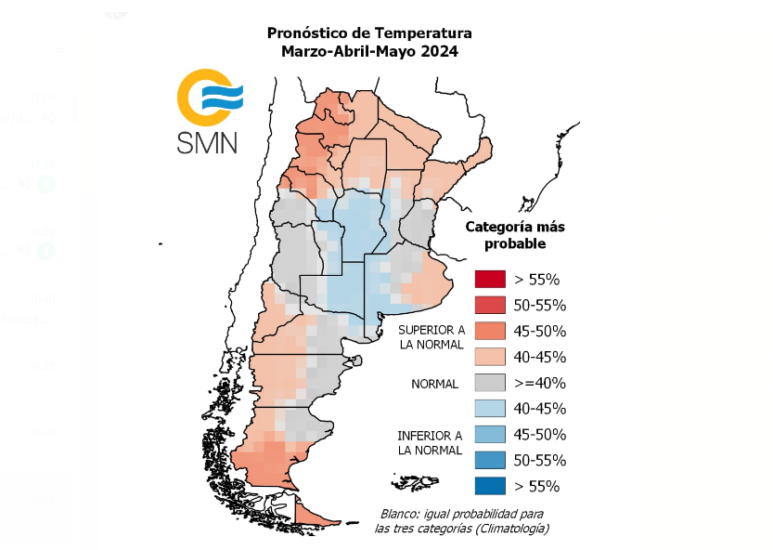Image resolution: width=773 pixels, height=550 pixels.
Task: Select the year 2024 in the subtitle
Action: [438, 51]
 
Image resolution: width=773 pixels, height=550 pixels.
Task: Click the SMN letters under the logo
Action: [207, 141]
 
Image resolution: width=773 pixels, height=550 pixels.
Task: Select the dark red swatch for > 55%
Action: [489, 279]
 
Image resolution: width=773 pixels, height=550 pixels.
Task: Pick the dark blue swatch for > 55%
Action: [489, 485]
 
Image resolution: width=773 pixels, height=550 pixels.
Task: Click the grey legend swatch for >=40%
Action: [489, 382]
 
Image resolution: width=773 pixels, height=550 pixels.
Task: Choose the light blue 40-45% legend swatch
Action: [489, 408]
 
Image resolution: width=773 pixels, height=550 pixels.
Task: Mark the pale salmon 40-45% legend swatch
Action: [489, 356]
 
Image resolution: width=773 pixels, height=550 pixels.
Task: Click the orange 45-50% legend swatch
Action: [489, 331]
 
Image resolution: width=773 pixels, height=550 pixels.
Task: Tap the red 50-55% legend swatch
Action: [489, 305]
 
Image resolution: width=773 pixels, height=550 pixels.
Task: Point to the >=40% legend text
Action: [540, 383]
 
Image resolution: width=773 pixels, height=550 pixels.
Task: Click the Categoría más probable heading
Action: [514, 235]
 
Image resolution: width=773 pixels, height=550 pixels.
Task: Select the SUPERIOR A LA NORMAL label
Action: [431, 337]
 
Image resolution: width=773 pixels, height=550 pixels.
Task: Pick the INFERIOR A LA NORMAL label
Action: [430, 442]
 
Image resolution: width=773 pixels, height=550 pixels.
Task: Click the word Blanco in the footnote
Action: [402, 514]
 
